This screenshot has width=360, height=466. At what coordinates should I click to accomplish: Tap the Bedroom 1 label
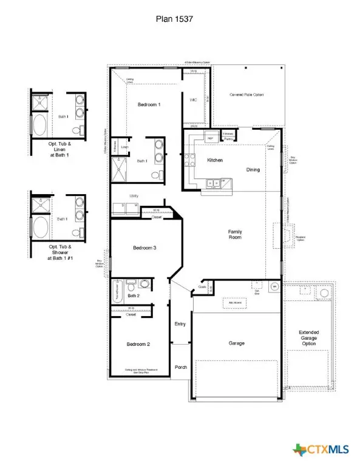pos(149,105)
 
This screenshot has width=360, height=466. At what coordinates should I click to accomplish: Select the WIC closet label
pos(194,100)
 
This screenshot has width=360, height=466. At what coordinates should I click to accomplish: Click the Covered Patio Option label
pos(246,95)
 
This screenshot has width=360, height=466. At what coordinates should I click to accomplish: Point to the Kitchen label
pos(216,160)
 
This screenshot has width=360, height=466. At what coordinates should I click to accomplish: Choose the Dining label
pos(253,169)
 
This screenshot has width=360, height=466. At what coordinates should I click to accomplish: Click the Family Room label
pos(235,234)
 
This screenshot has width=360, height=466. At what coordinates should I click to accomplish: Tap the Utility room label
pos(134,196)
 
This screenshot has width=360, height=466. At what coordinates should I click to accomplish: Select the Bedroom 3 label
pos(145,248)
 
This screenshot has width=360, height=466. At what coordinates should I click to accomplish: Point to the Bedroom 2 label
pos(138,344)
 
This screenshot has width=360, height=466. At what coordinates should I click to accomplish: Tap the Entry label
pos(180,324)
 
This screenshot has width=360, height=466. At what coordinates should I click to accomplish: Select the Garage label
pos(237,343)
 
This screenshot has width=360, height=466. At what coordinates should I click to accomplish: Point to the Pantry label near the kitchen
pos(228,139)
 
